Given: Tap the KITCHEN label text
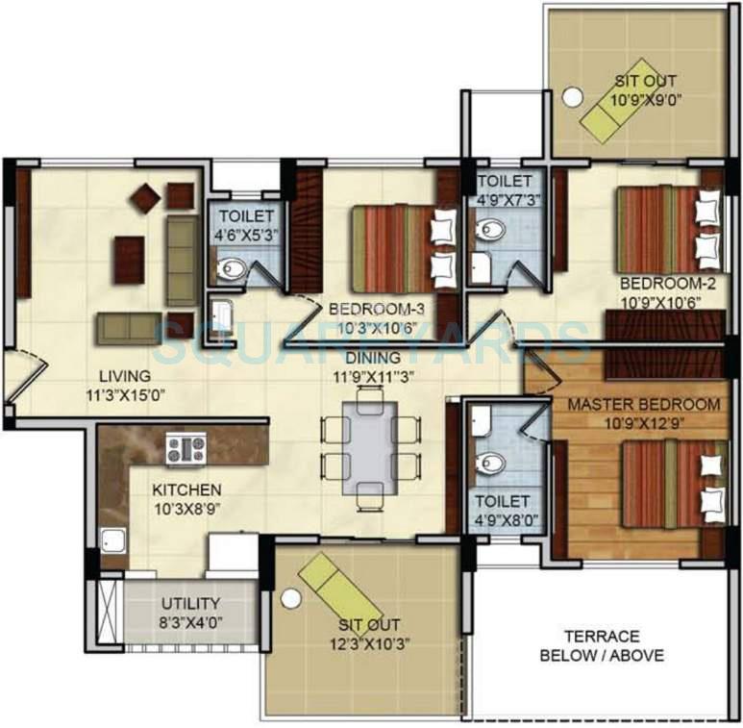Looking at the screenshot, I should click(186, 490).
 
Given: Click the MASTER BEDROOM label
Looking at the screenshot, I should click(643, 404).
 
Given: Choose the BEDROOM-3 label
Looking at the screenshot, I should click(376, 309).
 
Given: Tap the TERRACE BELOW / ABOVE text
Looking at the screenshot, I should click(602, 645).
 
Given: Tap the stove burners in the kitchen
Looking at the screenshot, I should click(186, 447).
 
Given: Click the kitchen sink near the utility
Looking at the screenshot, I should click(113, 543).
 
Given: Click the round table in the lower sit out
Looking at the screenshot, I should click(290, 597).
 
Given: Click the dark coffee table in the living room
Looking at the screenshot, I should click(129, 260).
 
